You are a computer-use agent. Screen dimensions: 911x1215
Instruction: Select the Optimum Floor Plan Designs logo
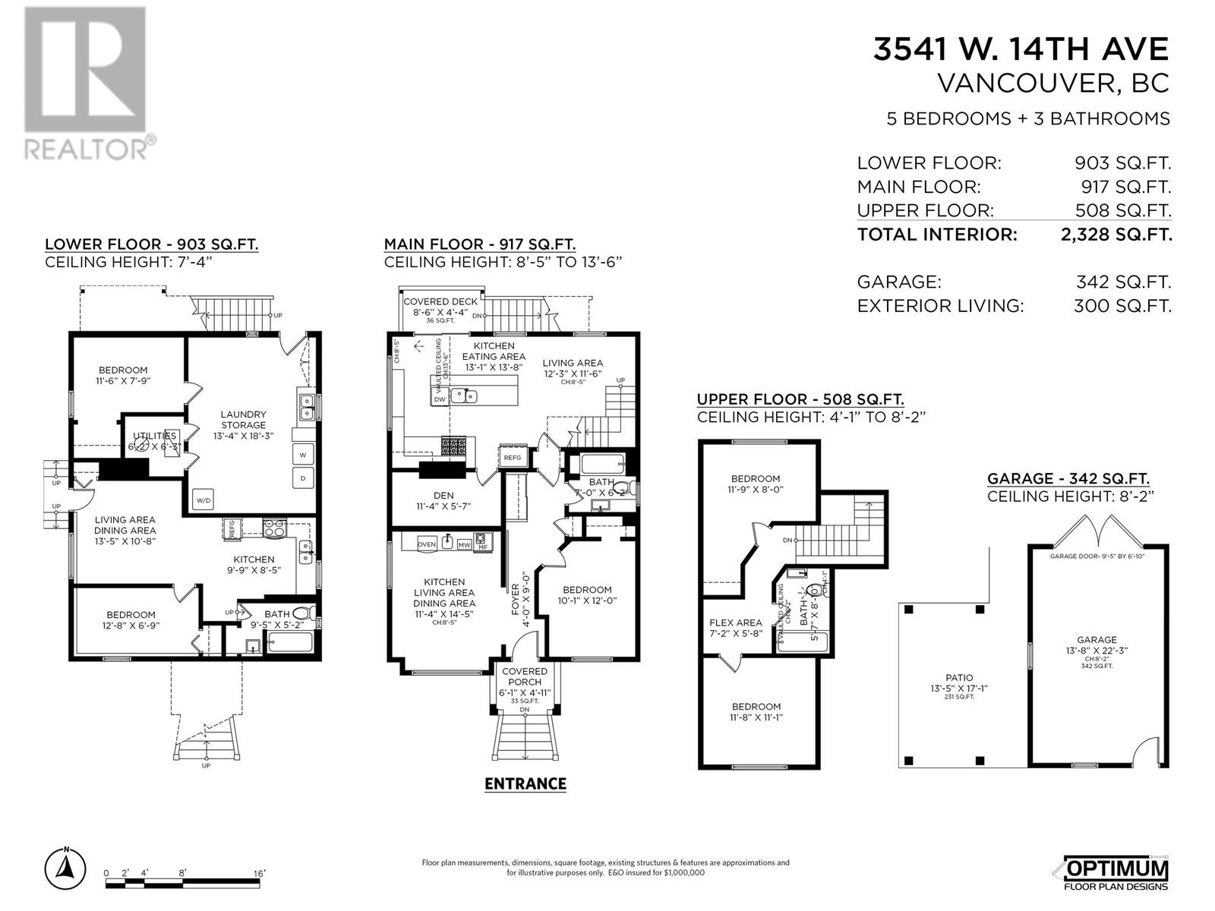point(1116,873)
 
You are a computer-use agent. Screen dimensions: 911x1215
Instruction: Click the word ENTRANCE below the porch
point(525,783)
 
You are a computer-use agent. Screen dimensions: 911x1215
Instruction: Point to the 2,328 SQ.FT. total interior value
point(1116,235)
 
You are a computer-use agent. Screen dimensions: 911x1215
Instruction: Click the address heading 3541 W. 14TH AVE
point(1021,49)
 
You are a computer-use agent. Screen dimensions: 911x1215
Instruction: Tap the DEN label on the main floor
point(443,495)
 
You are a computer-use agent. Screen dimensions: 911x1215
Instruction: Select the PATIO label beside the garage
point(959,678)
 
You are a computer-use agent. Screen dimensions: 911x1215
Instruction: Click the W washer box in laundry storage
point(303,455)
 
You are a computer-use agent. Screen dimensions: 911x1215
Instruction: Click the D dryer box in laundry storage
point(303,478)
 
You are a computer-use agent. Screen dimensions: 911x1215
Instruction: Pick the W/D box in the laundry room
point(204,500)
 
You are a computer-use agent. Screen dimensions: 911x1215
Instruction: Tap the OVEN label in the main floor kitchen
point(426,544)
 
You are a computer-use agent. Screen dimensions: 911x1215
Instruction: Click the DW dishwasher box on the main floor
point(439,399)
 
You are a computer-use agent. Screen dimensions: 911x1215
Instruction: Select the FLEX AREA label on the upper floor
point(735,623)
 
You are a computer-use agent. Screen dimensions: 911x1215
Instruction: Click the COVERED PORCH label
point(524,676)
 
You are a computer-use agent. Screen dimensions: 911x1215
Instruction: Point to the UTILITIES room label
point(155,436)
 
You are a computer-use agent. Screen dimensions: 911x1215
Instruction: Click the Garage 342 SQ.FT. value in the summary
point(1123,282)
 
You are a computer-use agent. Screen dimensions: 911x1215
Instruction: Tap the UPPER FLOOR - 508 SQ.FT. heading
point(800,399)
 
